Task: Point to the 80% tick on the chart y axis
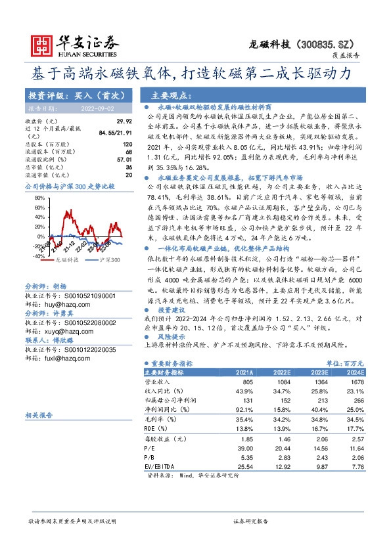39,197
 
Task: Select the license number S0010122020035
85,350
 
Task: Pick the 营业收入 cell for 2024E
356,382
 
